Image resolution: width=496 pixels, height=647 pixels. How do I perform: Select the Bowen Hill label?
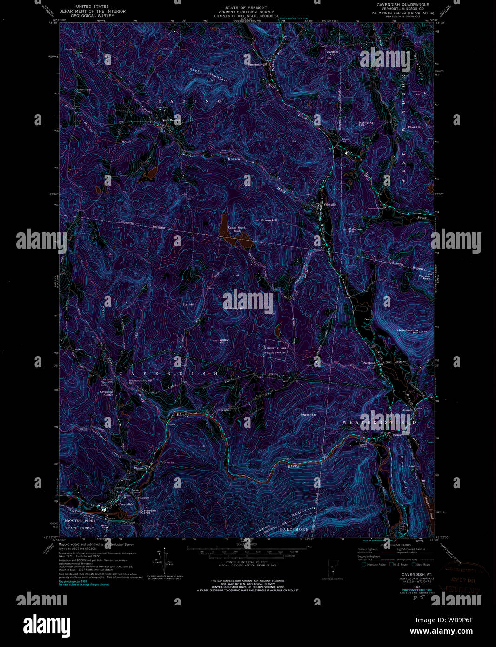click(269, 220)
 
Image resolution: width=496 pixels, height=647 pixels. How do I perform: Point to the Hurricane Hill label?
click(366, 124)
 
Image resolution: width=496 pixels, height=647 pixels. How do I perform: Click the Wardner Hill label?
click(331, 53)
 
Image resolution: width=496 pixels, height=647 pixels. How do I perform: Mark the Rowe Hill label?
click(414, 127)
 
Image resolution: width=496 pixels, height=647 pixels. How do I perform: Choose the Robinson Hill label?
click(356, 230)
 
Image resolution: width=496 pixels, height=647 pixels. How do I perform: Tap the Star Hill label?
click(188, 304)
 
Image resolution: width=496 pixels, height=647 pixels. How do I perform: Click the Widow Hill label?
click(224, 341)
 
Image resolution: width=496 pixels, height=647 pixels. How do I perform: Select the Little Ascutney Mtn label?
click(408, 331)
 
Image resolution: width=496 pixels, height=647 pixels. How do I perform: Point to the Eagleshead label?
click(308, 414)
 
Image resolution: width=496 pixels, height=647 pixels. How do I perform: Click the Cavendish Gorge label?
click(149, 512)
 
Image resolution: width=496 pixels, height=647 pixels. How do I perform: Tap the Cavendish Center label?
click(107, 393)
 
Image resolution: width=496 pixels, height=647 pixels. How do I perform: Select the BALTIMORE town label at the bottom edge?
click(294, 529)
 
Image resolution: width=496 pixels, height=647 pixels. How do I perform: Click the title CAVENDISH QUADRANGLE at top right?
click(396, 4)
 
